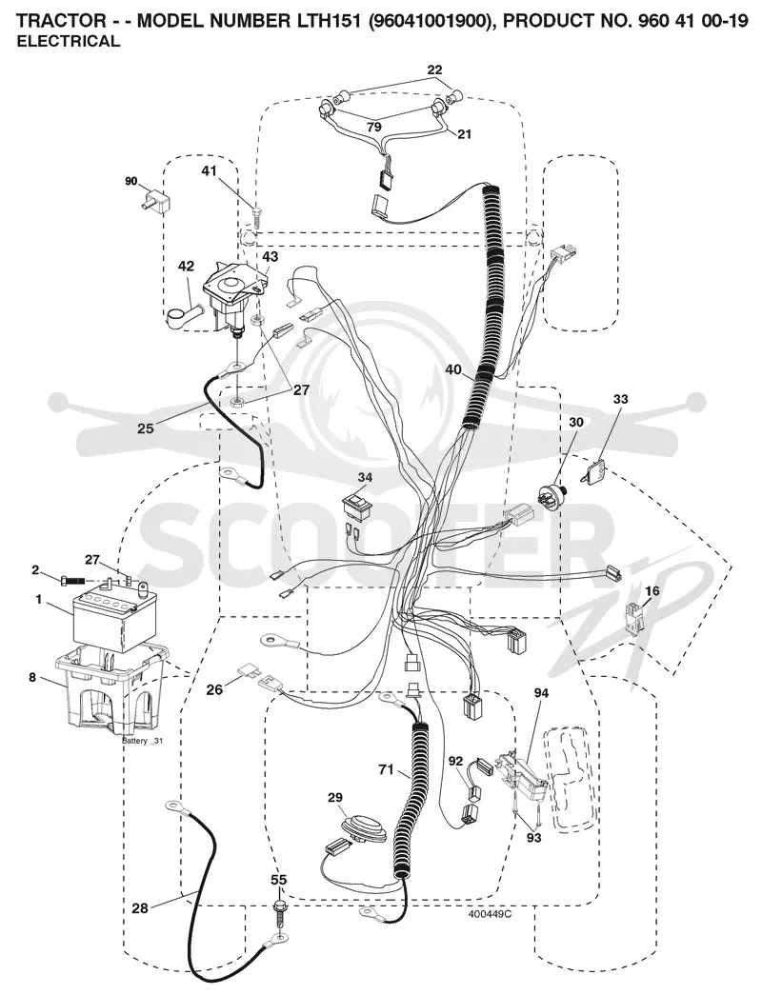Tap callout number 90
[130, 182]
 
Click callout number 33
[620, 399]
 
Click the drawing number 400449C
[490, 914]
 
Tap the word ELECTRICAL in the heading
[68, 42]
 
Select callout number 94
[541, 693]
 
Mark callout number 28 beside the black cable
[140, 908]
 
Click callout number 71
[386, 770]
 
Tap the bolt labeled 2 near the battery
[74, 580]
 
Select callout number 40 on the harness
[453, 370]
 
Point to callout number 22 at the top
[434, 70]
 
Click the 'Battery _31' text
[142, 741]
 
